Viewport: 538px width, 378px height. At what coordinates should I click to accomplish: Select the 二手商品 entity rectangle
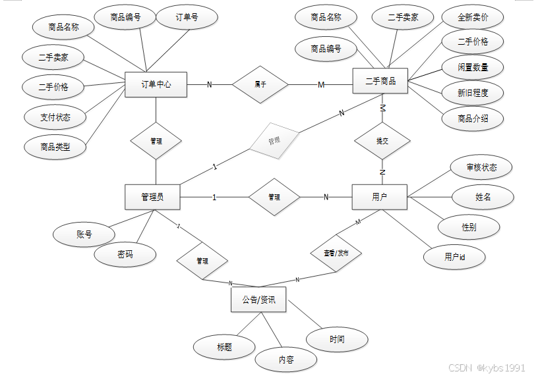point(380,81)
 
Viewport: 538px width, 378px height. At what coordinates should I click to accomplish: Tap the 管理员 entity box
point(152,197)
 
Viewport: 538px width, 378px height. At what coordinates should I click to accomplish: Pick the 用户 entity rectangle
point(380,197)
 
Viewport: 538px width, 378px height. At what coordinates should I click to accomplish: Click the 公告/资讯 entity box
point(258,300)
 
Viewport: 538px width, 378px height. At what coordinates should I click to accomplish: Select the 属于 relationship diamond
point(260,84)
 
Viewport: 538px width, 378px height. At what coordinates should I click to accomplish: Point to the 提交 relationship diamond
point(382,141)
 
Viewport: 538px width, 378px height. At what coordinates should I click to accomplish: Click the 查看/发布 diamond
point(336,253)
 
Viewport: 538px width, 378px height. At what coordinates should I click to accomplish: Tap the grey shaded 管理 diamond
point(274,140)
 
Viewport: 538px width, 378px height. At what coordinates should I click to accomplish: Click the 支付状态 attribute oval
point(55,118)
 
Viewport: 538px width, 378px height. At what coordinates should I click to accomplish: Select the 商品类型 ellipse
point(55,148)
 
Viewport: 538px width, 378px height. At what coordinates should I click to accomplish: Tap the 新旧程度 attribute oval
point(473,93)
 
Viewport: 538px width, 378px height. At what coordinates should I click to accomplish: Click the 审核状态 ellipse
point(481,167)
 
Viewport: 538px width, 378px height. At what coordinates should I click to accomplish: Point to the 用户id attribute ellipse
point(455,257)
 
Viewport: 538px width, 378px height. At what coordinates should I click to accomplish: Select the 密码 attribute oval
point(125,254)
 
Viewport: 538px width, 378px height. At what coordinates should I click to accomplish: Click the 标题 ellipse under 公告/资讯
point(224,347)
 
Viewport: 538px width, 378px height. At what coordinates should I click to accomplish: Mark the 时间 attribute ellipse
point(337,339)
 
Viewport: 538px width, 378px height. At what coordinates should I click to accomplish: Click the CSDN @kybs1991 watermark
point(487,368)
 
